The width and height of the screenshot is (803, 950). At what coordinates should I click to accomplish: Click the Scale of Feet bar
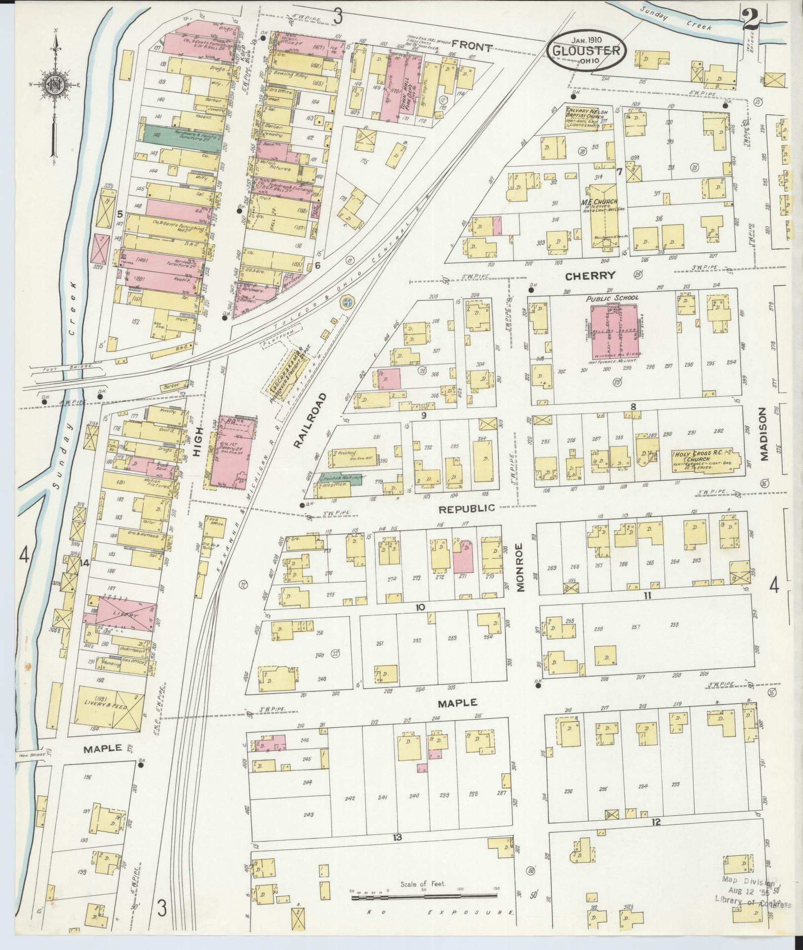click(425, 898)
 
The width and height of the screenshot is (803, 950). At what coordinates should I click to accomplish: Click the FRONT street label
click(472, 48)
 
